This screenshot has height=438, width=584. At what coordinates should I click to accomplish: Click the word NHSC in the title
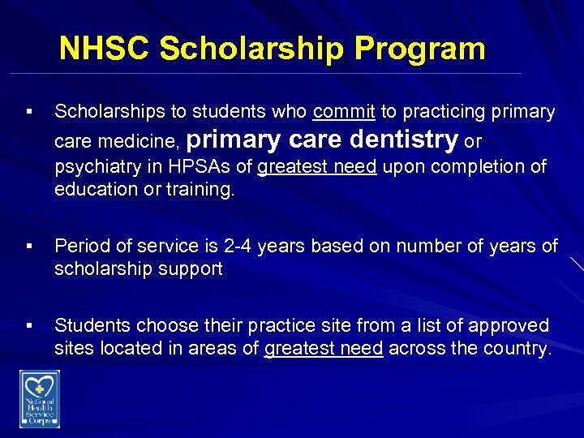[x=105, y=49]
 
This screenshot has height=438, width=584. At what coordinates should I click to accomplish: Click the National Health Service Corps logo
[x=40, y=397]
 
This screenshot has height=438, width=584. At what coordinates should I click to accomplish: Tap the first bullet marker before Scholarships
[x=29, y=112]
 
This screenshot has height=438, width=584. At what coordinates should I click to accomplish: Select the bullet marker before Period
[x=29, y=247]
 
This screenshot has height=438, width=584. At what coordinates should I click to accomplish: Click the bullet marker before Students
[x=29, y=326]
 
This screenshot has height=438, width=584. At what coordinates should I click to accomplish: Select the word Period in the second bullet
[x=81, y=247]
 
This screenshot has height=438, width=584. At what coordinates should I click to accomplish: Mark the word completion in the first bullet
[x=472, y=168]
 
